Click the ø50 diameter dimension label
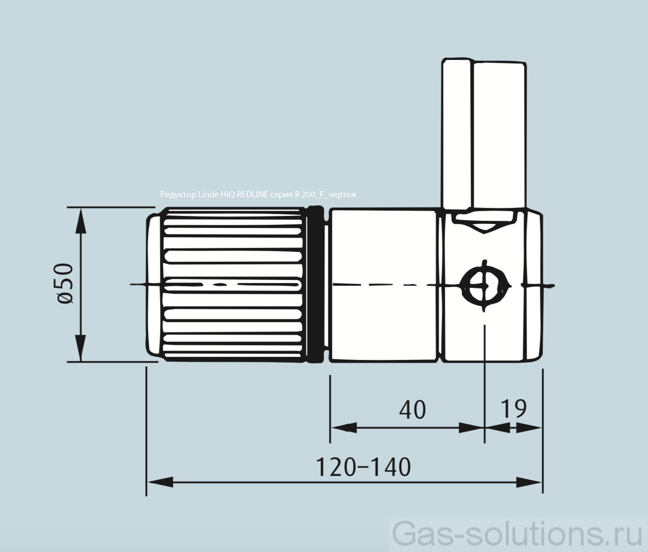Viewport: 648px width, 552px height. click(x=66, y=283)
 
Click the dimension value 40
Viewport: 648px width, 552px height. click(x=412, y=410)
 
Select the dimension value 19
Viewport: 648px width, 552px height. click(x=513, y=409)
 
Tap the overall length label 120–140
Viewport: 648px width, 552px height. click(x=363, y=468)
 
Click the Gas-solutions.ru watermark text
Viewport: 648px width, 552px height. click(x=518, y=534)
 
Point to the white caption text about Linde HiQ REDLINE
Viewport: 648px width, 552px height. click(x=258, y=195)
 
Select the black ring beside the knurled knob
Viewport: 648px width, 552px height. click(x=316, y=284)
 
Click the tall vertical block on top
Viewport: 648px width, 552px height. click(x=484, y=133)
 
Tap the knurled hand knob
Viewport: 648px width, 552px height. click(x=233, y=284)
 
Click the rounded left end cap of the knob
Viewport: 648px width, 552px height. click(x=154, y=284)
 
